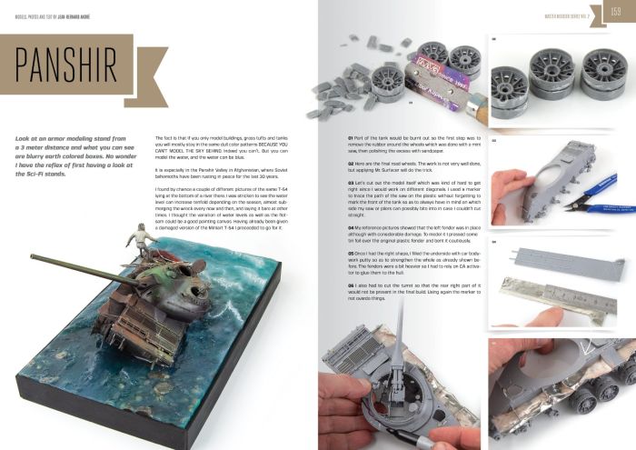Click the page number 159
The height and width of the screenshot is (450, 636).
coord(614,12)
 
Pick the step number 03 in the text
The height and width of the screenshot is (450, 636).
coord(351,183)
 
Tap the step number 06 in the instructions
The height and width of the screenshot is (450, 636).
coord(351,285)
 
